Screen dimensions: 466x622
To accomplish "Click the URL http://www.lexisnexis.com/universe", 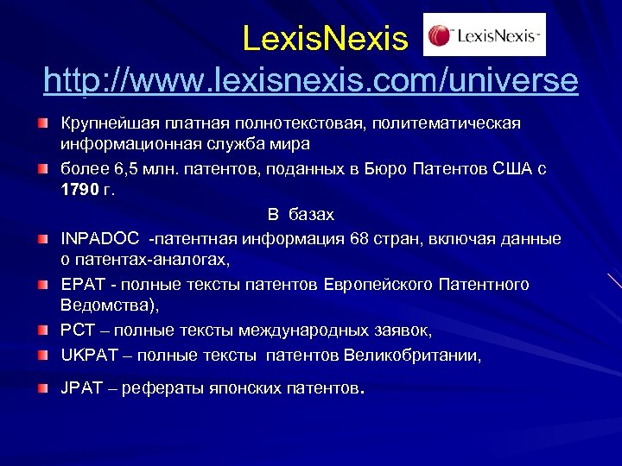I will [311, 80].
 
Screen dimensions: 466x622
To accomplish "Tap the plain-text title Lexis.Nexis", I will [324, 38].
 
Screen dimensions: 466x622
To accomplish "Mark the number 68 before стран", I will [360, 239].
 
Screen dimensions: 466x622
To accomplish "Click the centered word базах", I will [311, 215].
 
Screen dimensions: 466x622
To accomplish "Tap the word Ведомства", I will [108, 305].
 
